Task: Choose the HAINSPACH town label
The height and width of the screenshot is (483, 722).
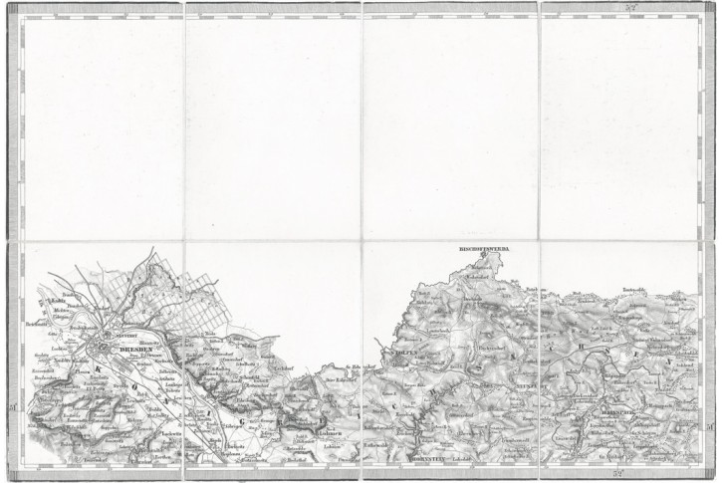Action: (x=598, y=407)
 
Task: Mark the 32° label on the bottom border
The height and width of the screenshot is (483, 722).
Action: (x=618, y=474)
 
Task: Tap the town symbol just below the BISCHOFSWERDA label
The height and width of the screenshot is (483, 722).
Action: (x=483, y=257)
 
